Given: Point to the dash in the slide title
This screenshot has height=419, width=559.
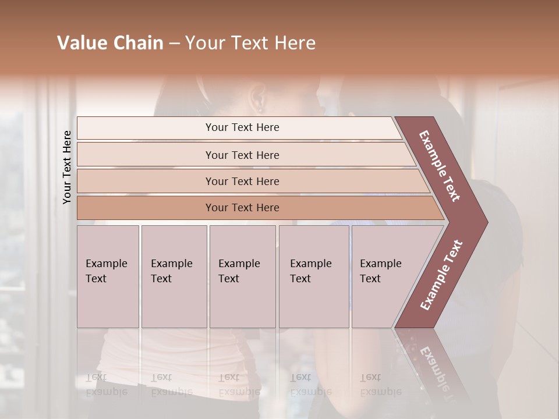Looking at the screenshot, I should (175, 44).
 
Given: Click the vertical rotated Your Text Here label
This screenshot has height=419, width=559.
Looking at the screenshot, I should (67, 167).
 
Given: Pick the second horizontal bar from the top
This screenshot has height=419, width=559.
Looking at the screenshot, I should (242, 155).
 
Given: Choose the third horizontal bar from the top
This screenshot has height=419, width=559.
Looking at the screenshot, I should (242, 181).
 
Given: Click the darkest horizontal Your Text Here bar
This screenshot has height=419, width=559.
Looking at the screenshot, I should (242, 208).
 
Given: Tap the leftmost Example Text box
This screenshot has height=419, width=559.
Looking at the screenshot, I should (108, 276).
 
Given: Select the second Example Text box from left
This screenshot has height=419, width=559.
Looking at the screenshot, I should (174, 276).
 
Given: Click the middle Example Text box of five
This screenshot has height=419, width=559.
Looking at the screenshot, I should (242, 276).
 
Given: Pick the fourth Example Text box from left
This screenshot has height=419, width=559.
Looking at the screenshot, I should (314, 276).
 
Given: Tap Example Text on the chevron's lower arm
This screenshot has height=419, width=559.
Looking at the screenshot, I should (441, 275).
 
